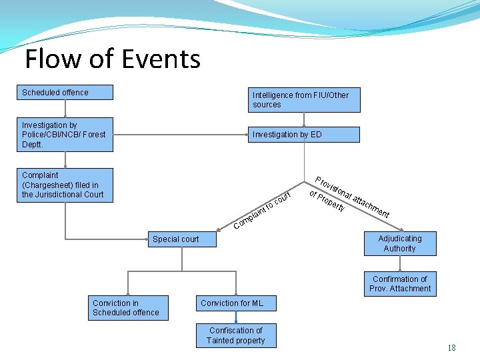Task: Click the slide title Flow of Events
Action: [112, 59]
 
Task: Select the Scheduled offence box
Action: [65, 93]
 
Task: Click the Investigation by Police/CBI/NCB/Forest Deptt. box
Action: [65, 134]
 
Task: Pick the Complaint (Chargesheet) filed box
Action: [65, 185]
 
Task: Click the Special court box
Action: [181, 239]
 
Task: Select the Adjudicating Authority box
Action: [399, 243]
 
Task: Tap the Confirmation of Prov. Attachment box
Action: [401, 284]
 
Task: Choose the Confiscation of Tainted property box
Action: [235, 335]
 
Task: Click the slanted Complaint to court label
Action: [262, 210]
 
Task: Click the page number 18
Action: [451, 347]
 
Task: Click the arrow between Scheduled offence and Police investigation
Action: [65, 109]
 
